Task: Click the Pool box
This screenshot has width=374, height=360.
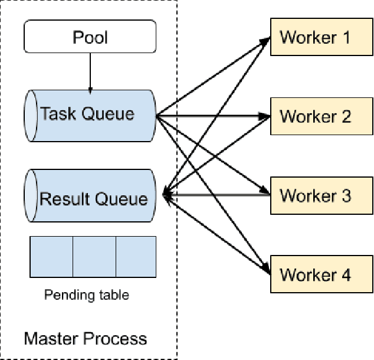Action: pyautogui.click(x=90, y=37)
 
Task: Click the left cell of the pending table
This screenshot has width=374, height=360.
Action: pyautogui.click(x=51, y=257)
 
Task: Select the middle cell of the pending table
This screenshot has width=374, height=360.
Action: pyautogui.click(x=94, y=257)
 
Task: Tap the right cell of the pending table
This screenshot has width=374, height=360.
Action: pyautogui.click(x=136, y=257)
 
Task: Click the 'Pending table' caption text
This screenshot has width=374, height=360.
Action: pyautogui.click(x=86, y=294)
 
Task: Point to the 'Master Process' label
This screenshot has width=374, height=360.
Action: pyautogui.click(x=86, y=339)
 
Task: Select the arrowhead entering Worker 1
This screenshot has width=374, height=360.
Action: pyautogui.click(x=265, y=41)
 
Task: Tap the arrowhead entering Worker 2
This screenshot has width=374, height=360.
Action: pyautogui.click(x=265, y=116)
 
